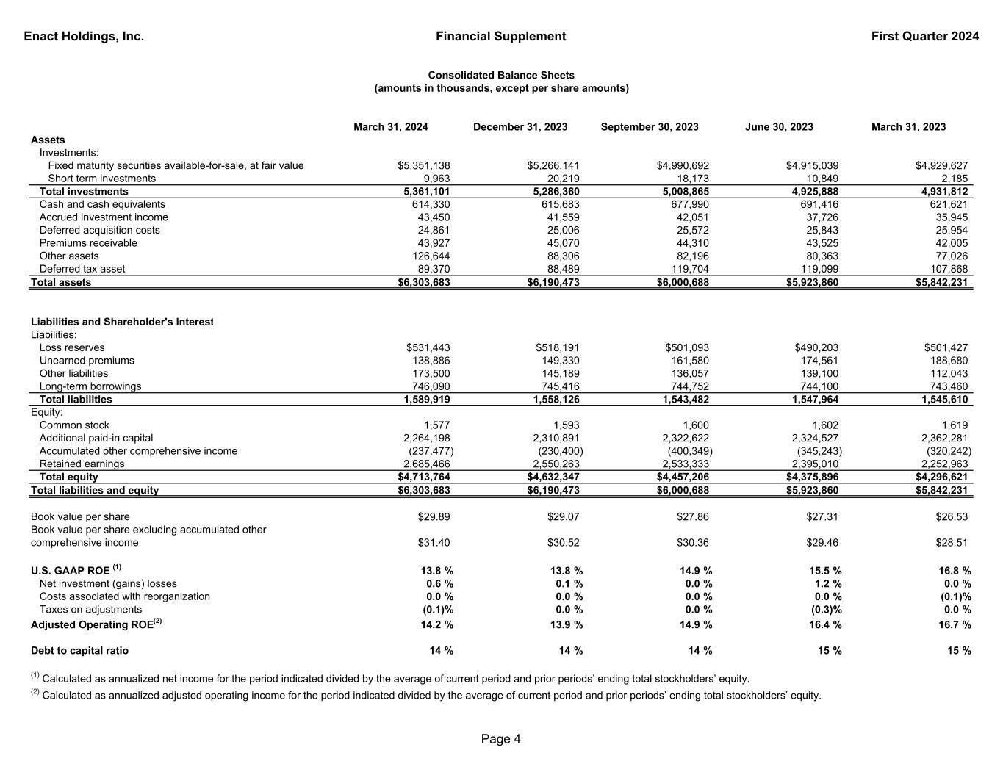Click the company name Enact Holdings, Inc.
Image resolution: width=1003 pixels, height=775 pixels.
coord(84,37)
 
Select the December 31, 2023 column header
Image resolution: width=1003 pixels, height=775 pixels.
coord(520,127)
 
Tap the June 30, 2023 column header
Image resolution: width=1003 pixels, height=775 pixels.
coord(779,127)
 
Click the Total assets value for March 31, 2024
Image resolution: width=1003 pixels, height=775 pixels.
coord(423,283)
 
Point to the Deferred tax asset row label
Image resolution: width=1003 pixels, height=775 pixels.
coord(82,269)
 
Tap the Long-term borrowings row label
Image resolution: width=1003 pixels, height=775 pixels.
coord(90,386)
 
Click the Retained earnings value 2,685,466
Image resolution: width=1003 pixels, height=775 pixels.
coord(427,464)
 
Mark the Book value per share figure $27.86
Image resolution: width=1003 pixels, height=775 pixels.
coord(693,517)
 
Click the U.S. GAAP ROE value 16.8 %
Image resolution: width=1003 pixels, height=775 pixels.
coord(952,571)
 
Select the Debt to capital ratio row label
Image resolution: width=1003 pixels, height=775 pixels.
coord(79,651)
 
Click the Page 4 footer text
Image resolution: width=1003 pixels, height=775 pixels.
coord(501,739)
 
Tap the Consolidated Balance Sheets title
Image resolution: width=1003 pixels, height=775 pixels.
coord(501,76)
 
